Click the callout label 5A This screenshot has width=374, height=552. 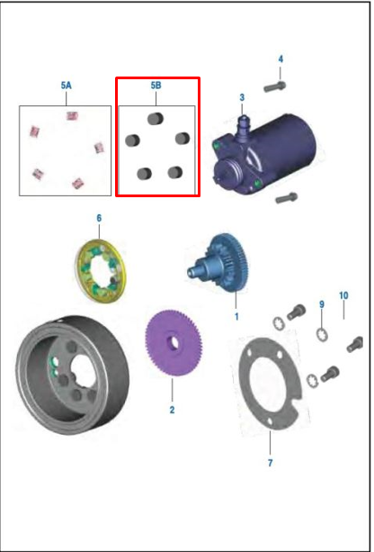(x=67, y=86)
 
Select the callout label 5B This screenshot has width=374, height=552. (x=156, y=86)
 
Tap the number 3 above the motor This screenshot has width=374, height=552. (x=242, y=97)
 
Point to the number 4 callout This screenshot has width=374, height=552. (x=280, y=59)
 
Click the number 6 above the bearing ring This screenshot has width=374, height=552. (x=99, y=218)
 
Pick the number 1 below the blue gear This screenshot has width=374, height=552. (x=236, y=316)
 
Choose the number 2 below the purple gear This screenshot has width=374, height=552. (x=172, y=410)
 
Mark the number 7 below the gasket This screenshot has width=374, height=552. (x=270, y=463)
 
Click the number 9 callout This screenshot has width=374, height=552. (x=322, y=304)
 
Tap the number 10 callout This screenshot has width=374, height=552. (x=343, y=295)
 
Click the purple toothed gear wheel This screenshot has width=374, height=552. (x=174, y=343)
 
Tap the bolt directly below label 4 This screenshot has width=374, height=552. (x=275, y=86)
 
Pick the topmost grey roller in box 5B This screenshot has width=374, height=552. (x=155, y=119)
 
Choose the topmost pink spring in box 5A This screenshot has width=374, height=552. (x=72, y=115)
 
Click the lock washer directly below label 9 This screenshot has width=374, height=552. (x=322, y=334)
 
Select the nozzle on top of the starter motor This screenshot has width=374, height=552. (x=243, y=126)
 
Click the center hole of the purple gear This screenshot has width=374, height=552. (x=173, y=342)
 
